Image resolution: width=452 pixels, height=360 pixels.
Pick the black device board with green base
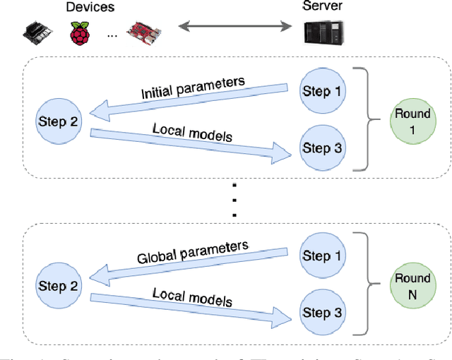(x=37, y=32)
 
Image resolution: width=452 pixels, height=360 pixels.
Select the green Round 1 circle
(x=412, y=121)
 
